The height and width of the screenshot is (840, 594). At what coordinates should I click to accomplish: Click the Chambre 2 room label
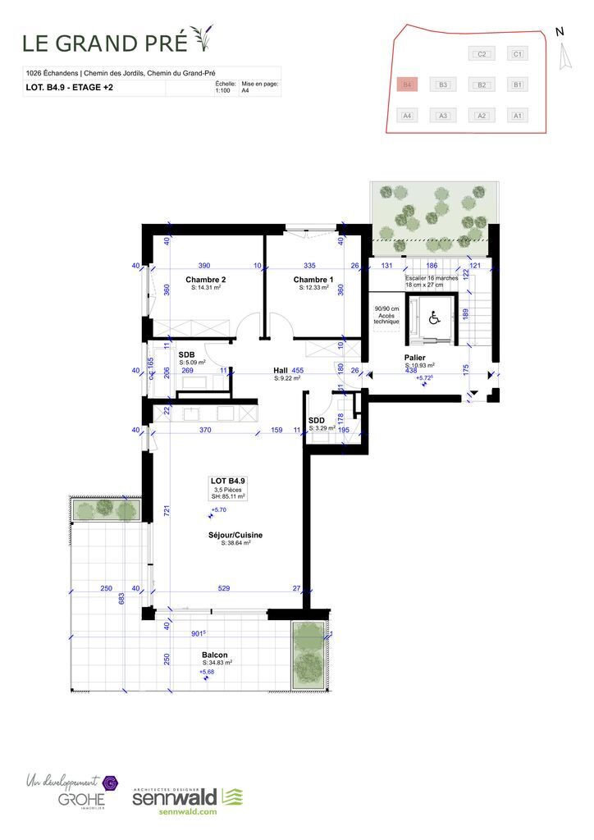(205, 280)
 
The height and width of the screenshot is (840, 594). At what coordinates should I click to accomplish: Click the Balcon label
(214, 655)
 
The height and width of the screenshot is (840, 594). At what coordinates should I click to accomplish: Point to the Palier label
(414, 358)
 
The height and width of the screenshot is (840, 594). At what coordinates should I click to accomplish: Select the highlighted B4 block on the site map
(406, 84)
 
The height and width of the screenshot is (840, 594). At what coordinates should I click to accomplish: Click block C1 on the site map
(517, 54)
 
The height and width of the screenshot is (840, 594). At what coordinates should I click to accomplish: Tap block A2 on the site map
(482, 116)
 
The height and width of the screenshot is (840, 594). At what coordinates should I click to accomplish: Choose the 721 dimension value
(167, 511)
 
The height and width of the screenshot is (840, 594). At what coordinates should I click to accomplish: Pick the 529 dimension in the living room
(223, 588)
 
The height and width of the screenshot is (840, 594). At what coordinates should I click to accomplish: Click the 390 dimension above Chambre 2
(204, 266)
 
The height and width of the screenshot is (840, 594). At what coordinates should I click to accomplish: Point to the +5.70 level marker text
(217, 509)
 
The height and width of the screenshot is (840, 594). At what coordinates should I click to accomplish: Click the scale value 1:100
(222, 91)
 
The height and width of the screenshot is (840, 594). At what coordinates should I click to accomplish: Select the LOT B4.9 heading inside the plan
(228, 481)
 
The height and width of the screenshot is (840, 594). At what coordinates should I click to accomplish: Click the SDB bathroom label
(186, 354)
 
